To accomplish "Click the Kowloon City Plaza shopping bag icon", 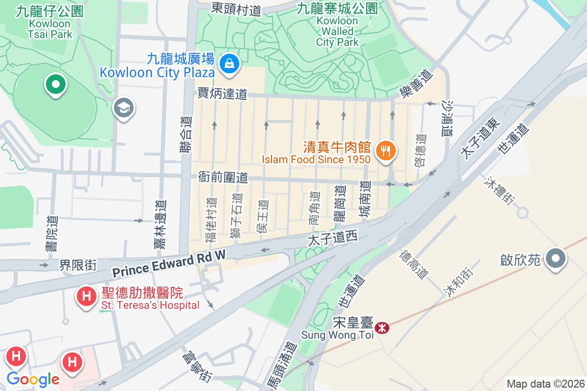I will tap(228, 63).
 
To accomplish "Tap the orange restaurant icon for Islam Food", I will tap(386, 150).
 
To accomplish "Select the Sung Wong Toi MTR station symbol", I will tap(382, 326).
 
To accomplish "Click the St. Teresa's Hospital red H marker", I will tap(87, 296).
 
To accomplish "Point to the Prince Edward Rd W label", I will tap(169, 263).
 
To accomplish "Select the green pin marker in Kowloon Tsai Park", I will tap(56, 85).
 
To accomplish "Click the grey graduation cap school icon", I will tap(124, 108).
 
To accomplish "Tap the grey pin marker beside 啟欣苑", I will tap(555, 259).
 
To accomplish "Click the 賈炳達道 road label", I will tap(223, 93).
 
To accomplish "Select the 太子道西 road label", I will tap(333, 239).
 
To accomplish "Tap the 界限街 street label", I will tap(78, 265).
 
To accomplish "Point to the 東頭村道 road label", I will tap(236, 8).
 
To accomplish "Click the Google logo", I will tap(33, 379).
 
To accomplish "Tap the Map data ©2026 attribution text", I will tap(545, 384).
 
